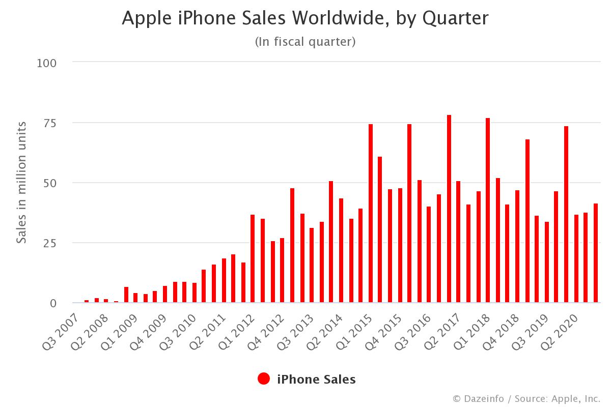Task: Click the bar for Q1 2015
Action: tap(371, 213)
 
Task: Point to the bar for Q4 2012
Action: tap(282, 270)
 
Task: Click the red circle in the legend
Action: tap(264, 379)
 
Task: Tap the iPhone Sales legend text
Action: tap(316, 379)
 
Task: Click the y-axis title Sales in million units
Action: tap(21, 182)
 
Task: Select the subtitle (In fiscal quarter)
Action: tap(305, 42)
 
